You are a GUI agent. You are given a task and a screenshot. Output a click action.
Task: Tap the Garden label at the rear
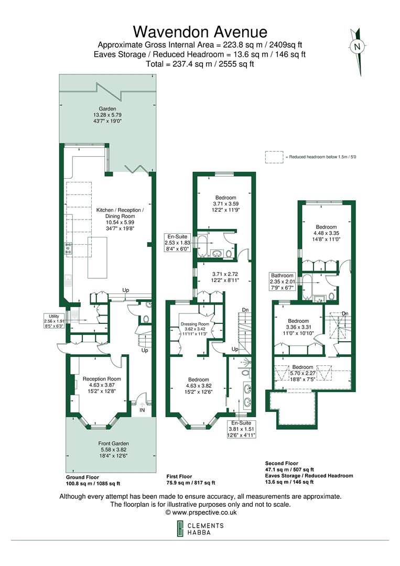tap(107, 115)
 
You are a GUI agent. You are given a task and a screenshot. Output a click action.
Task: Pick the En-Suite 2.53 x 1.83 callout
tap(177, 243)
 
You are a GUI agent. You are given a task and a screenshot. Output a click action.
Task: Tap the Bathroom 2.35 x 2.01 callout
tap(284, 281)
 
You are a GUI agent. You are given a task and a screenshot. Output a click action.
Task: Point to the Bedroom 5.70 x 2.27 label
tap(304, 371)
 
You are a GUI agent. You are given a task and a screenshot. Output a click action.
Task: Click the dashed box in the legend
tap(274, 157)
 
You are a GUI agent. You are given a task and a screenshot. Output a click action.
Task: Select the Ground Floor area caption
tap(93, 481)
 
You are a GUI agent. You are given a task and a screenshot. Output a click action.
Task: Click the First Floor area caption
tap(190, 480)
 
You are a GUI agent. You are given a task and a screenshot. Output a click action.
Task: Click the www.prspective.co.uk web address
tap(200, 512)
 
